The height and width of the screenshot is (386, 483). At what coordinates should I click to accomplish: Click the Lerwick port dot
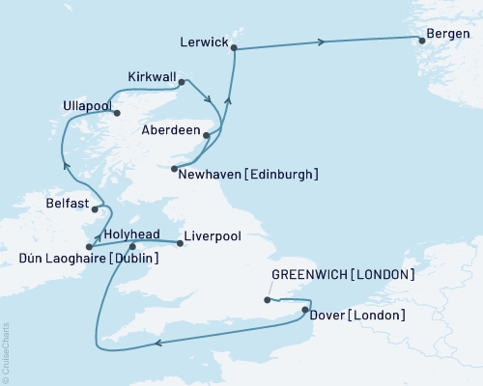click(233, 49)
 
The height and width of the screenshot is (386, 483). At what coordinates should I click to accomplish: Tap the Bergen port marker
click(420, 40)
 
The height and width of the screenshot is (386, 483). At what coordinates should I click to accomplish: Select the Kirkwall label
click(154, 75)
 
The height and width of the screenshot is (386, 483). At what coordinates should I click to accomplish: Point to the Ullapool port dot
click(118, 113)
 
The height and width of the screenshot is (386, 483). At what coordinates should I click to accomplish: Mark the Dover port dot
click(305, 311)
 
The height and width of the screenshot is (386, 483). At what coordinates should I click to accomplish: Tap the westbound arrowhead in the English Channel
click(158, 341)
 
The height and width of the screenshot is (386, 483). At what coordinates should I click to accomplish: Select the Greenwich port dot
click(267, 301)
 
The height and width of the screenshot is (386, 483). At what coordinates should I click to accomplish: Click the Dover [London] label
click(359, 316)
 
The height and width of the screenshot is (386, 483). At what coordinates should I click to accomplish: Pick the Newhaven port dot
click(174, 169)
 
